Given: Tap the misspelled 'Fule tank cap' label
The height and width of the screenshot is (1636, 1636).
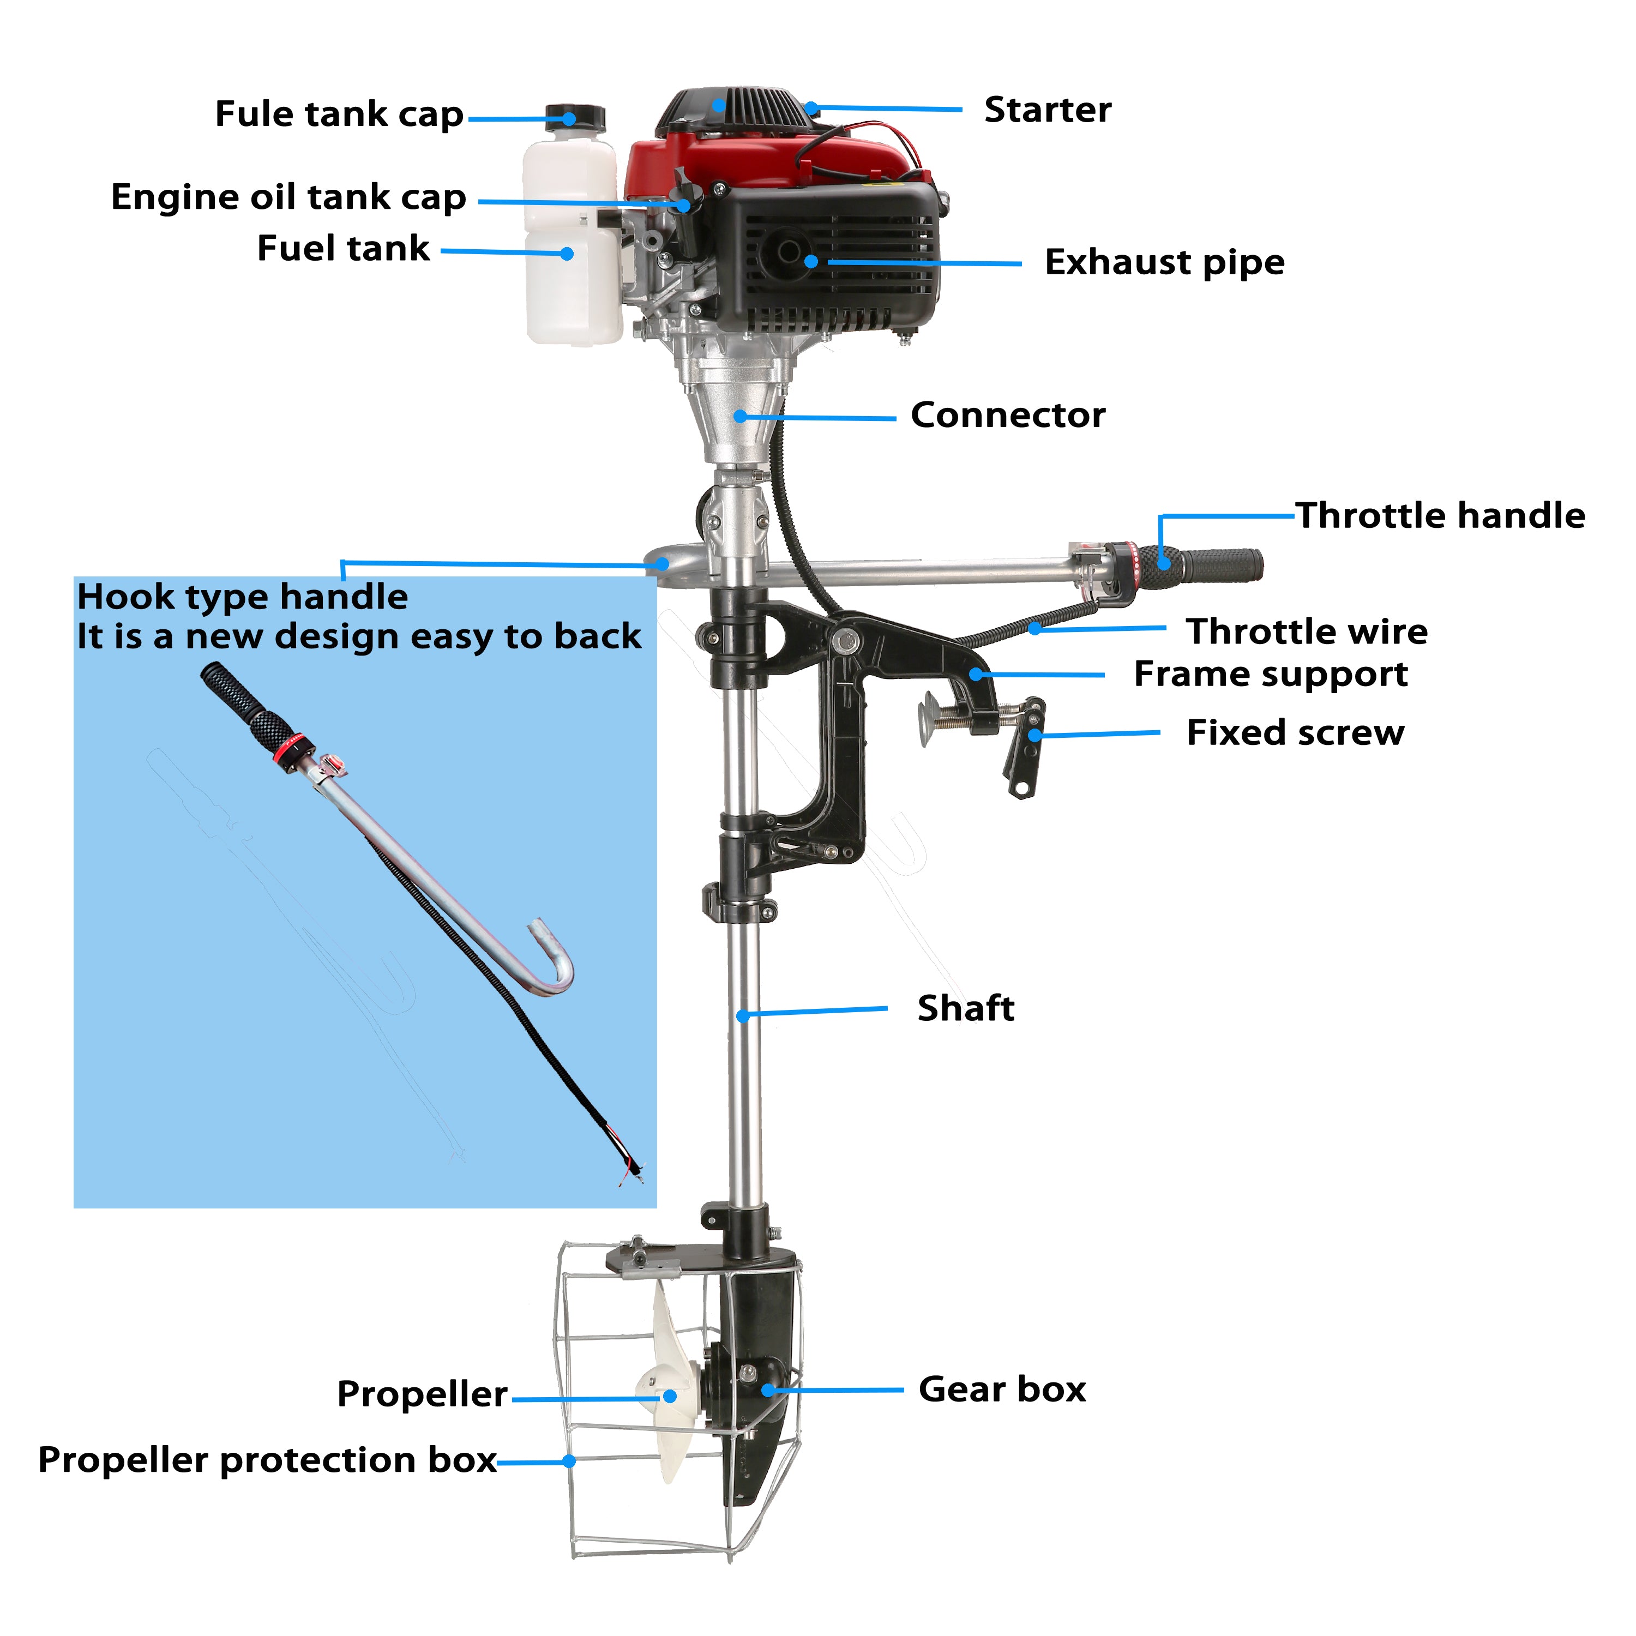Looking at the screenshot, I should click(339, 115).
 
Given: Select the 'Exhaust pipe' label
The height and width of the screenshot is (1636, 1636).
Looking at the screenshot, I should click(1164, 262).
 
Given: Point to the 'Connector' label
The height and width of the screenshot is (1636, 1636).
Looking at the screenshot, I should click(1008, 415).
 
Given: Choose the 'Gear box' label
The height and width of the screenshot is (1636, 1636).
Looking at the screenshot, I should click(1002, 1390).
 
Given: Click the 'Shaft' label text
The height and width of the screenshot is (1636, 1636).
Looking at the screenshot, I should click(965, 1008).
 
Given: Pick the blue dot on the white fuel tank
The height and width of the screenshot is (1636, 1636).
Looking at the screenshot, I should click(567, 253).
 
